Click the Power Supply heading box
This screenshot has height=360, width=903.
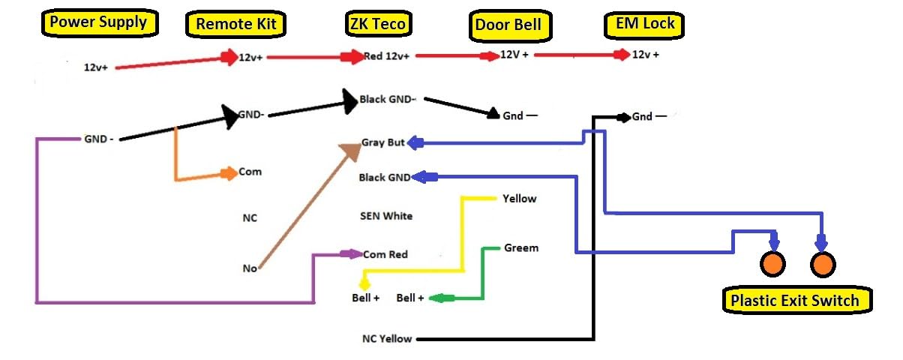[x=98, y=22]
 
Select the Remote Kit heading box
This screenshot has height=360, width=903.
[x=235, y=24]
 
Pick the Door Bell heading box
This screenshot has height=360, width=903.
[x=508, y=25]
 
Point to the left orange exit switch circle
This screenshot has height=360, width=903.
[x=772, y=264]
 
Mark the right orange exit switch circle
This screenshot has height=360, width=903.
[x=822, y=264]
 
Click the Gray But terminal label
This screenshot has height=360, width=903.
[x=383, y=142]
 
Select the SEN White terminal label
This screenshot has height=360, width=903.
[x=386, y=216]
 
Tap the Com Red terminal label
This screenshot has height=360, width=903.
[x=385, y=254]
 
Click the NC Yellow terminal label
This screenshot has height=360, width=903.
[x=386, y=338]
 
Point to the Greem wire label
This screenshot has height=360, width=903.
[x=521, y=247]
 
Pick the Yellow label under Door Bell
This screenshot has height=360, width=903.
[x=520, y=199]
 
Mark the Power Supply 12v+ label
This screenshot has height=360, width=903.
[x=96, y=67]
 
